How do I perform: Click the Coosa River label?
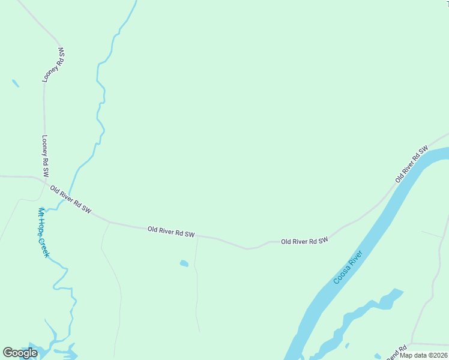pyautogui.click(x=349, y=268)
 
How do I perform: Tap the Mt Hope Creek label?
pyautogui.click(x=44, y=232)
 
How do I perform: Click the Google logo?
pyautogui.click(x=20, y=353)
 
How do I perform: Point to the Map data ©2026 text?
pyautogui.click(x=424, y=355)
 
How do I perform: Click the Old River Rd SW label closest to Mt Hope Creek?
pyautogui.click(x=71, y=200)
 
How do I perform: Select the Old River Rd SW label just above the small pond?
pyautogui.click(x=171, y=231)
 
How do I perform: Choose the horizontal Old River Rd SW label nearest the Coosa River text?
pyautogui.click(x=304, y=241)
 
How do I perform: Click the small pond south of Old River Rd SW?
pyautogui.click(x=184, y=263)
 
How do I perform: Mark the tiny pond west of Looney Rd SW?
pyautogui.click(x=15, y=83)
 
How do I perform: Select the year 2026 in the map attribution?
pyautogui.click(x=439, y=355)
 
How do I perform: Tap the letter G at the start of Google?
pyautogui.click(x=8, y=353)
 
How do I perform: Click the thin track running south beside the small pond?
pyautogui.click(x=197, y=288)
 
